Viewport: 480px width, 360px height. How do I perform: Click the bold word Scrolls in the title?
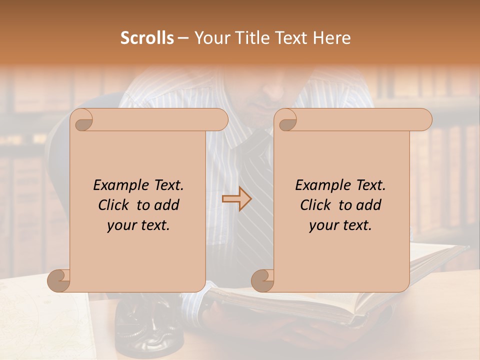[147, 38]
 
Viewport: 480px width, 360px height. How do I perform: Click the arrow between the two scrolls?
[236, 199]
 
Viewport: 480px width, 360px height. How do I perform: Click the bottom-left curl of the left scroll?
[59, 280]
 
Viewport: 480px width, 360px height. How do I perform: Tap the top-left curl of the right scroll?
[286, 120]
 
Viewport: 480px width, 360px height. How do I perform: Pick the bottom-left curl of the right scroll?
[262, 280]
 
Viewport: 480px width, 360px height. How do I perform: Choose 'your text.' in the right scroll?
[340, 225]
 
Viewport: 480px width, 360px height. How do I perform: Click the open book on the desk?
[330, 300]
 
